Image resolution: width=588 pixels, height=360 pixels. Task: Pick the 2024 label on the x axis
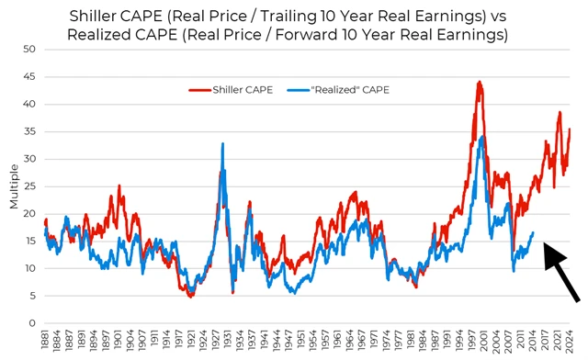(570, 342)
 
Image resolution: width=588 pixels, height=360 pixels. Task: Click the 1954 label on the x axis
(313, 342)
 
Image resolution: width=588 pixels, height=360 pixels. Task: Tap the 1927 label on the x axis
(214, 342)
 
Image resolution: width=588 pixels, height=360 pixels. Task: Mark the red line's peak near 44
(479, 82)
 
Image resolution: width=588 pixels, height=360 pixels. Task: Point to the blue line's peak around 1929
(222, 143)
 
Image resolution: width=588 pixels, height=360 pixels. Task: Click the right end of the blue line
(534, 232)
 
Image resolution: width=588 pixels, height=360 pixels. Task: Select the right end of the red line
(571, 129)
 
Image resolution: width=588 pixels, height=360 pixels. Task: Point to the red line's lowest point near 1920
(190, 296)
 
